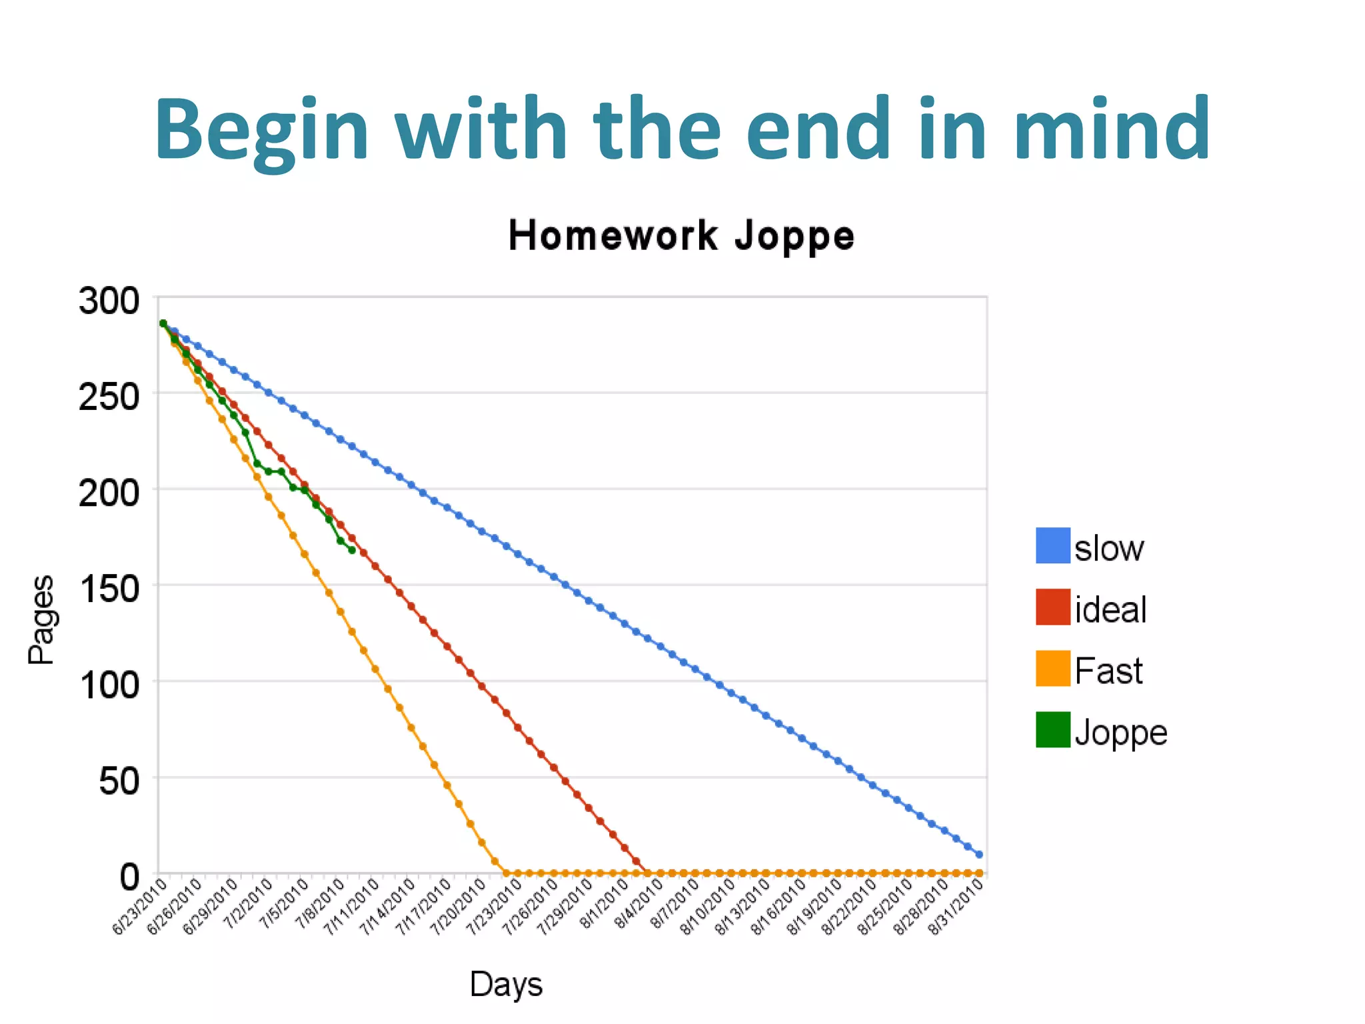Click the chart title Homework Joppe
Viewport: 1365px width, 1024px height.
(x=681, y=236)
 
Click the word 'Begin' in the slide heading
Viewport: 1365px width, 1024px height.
(x=261, y=131)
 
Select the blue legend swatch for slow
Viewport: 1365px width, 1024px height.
(x=1052, y=546)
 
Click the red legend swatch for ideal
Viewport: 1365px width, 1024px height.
(x=1052, y=607)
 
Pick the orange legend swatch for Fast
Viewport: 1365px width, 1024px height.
(x=1052, y=669)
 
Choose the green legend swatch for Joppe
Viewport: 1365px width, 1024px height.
(x=1052, y=730)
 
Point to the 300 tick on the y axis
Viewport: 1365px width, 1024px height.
(x=109, y=301)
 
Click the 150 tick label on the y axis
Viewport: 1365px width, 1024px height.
(x=109, y=589)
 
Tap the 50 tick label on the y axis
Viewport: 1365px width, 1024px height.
(x=119, y=781)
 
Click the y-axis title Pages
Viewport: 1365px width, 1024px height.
(x=41, y=619)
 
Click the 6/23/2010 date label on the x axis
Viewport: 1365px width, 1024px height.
(x=139, y=907)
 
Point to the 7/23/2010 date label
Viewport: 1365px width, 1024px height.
(x=494, y=907)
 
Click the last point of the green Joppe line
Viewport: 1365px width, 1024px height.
(x=352, y=550)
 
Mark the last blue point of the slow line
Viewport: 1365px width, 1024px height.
(x=979, y=855)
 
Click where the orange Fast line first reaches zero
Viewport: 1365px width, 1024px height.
(x=506, y=873)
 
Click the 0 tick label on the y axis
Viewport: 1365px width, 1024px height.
(x=130, y=877)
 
